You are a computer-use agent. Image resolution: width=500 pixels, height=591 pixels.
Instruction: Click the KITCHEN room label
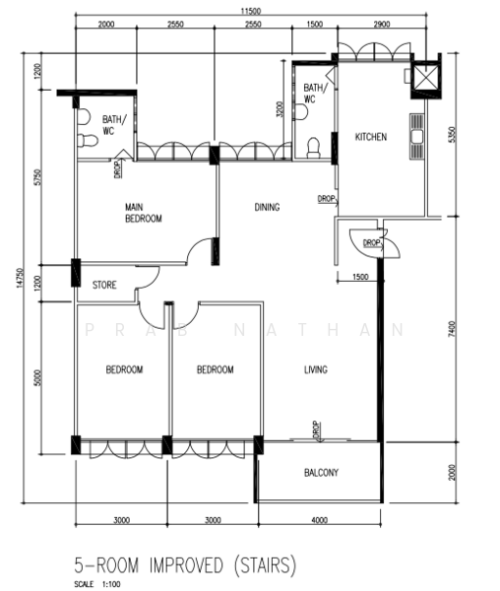click(x=371, y=137)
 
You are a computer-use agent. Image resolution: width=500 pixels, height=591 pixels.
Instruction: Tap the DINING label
click(x=267, y=207)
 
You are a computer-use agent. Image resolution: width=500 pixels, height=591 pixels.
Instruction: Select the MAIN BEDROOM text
click(x=144, y=213)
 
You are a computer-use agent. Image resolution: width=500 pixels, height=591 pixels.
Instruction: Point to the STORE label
click(x=104, y=285)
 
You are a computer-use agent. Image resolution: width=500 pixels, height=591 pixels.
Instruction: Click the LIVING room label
click(x=316, y=369)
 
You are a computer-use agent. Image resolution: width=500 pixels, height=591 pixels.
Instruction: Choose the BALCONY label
click(x=321, y=473)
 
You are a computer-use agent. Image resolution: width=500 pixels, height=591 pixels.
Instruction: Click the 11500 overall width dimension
click(x=250, y=11)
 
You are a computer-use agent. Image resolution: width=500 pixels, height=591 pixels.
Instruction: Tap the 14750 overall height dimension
click(x=20, y=278)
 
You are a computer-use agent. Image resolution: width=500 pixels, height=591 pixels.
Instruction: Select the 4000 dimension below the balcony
click(x=319, y=520)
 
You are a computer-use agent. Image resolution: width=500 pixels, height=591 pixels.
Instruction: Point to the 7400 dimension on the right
click(x=452, y=329)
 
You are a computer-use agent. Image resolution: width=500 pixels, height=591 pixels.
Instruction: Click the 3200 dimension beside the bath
click(x=280, y=109)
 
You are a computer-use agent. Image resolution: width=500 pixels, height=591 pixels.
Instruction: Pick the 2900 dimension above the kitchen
click(x=382, y=25)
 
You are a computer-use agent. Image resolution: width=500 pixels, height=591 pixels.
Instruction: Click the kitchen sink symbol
click(x=416, y=136)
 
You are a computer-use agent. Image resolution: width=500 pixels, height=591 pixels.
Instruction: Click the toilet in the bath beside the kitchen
click(x=313, y=148)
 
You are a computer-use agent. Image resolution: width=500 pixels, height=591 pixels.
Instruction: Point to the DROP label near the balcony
click(x=316, y=429)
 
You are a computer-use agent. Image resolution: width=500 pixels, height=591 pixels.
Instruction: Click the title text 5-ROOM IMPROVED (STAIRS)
click(x=185, y=565)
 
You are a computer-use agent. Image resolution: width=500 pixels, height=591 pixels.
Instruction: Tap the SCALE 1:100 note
click(x=97, y=584)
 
